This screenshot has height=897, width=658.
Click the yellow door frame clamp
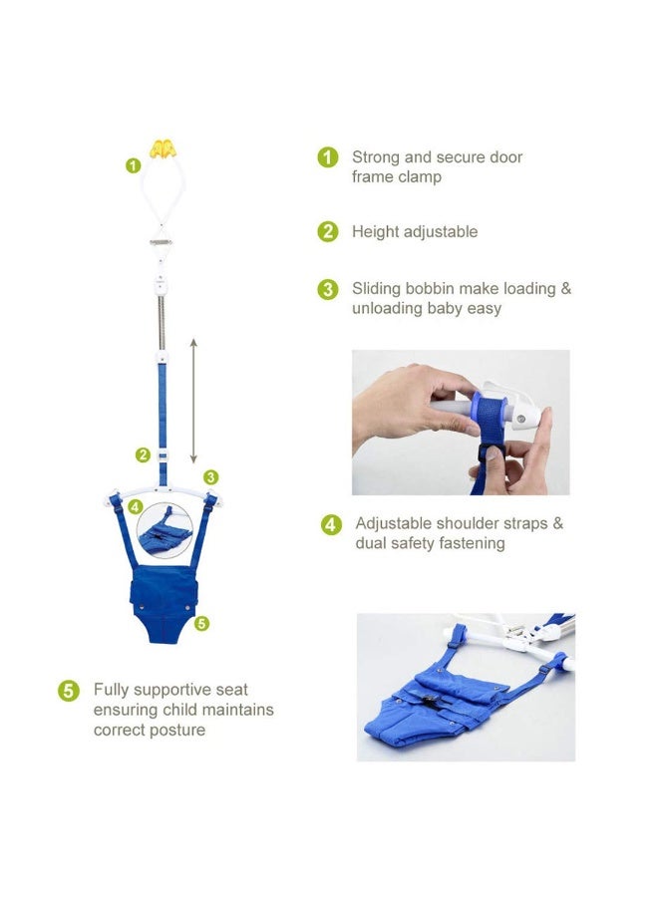tap(162, 149)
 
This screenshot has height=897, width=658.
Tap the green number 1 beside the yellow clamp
tap(133, 165)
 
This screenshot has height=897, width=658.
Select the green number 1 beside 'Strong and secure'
tap(327, 157)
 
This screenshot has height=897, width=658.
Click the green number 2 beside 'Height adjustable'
tap(327, 232)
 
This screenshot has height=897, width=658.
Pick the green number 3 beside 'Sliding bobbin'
tap(327, 289)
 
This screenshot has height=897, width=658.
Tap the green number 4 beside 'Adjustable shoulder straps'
tap(331, 524)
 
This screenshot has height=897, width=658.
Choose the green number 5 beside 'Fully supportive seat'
tap(68, 690)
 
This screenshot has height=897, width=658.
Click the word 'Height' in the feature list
tap(375, 232)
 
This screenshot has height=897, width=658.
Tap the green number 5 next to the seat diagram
tap(202, 624)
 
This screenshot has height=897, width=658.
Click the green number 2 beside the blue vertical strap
tap(144, 455)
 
